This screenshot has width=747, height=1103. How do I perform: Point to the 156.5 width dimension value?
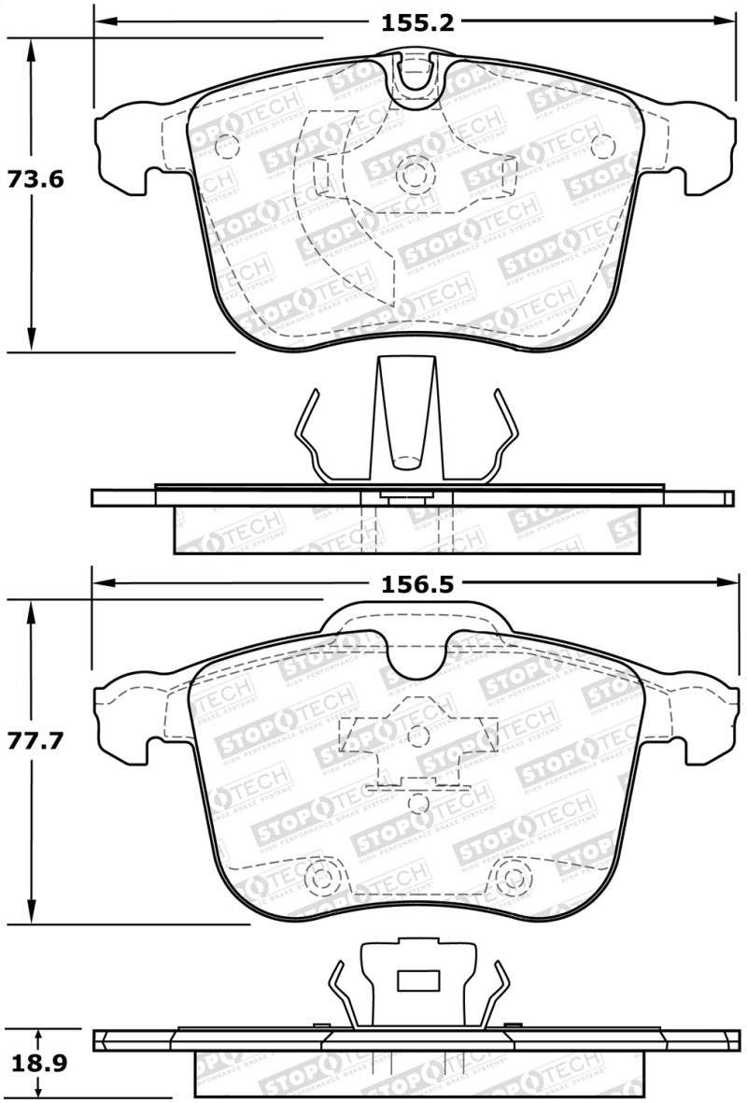416,584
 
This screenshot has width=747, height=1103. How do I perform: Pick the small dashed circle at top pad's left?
227,145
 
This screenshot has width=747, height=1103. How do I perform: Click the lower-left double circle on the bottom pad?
321,878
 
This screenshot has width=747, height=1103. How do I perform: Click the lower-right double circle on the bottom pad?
512,878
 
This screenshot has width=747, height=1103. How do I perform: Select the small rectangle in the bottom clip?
418,981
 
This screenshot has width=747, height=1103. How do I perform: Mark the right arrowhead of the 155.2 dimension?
727,21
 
